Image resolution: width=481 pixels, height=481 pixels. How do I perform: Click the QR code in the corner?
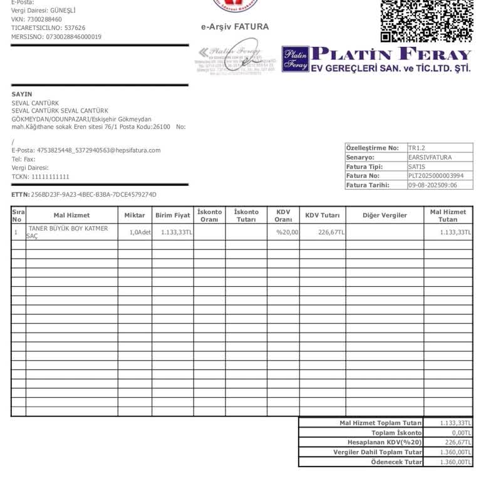pos(427,19)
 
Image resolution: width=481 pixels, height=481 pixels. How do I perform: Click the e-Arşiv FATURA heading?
pos(235,27)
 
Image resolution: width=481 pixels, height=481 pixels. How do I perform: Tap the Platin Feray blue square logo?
pos(295,59)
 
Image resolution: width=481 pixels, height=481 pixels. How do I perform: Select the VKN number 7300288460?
pos(44,19)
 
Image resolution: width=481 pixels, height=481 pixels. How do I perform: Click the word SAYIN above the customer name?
pos(22,94)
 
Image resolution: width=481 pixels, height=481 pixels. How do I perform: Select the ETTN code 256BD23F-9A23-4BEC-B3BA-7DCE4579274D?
pos(93,195)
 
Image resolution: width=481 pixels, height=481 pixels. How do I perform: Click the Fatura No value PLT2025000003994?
pos(436,176)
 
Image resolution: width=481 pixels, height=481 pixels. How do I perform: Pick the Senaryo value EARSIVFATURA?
pos(430,157)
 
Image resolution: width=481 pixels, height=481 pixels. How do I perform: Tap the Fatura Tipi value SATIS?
pos(416,167)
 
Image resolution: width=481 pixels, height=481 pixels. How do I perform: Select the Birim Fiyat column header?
pos(173,215)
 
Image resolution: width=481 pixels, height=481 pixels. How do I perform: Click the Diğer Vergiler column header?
pos(385,215)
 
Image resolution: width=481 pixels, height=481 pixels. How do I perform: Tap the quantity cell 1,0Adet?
pos(140,232)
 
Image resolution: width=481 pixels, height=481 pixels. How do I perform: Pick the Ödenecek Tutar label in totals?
pos(396,462)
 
